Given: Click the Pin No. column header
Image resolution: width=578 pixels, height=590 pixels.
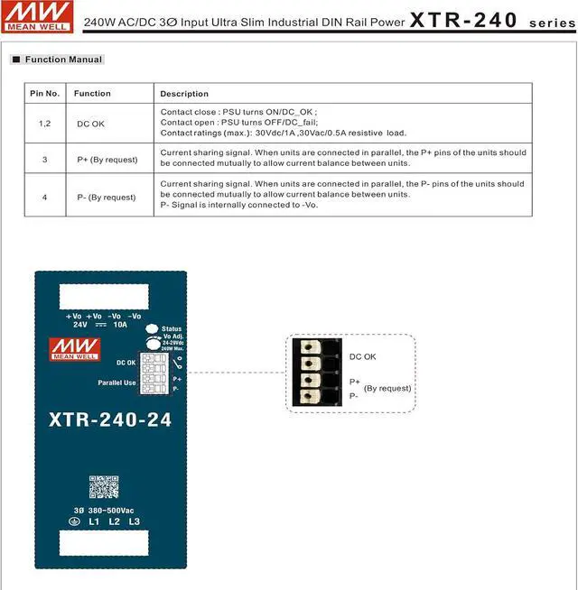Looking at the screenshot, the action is coord(44,93).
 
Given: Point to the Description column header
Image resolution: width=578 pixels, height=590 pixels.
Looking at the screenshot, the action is coord(184,94).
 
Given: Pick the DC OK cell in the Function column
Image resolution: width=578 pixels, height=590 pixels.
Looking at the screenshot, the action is coord(91,124).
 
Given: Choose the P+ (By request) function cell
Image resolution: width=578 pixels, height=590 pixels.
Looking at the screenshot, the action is coord(107,160).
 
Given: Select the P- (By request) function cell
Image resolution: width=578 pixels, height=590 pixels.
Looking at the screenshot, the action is coord(106,197).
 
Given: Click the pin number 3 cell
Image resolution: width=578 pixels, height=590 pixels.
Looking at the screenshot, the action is coord(44,160).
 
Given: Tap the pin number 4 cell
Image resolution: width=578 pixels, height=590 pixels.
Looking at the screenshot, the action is coord(44,197).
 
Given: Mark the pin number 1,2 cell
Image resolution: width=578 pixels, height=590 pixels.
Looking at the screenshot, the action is coord(44,124).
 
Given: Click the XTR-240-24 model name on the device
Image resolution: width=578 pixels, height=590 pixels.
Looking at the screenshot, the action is coord(111,420).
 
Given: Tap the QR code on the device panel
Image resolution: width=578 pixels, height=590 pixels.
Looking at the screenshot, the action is coord(104,487).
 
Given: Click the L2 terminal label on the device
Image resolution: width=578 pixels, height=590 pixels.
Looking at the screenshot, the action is coord(114,522).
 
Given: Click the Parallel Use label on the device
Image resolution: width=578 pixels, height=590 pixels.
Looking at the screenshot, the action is coord(117,383).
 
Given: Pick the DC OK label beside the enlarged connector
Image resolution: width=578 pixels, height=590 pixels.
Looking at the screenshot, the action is coord(363,357).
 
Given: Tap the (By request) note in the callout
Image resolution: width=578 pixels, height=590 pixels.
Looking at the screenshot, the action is coord(387,389).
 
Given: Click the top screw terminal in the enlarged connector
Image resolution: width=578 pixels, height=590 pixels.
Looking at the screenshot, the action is coord(312,349).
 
